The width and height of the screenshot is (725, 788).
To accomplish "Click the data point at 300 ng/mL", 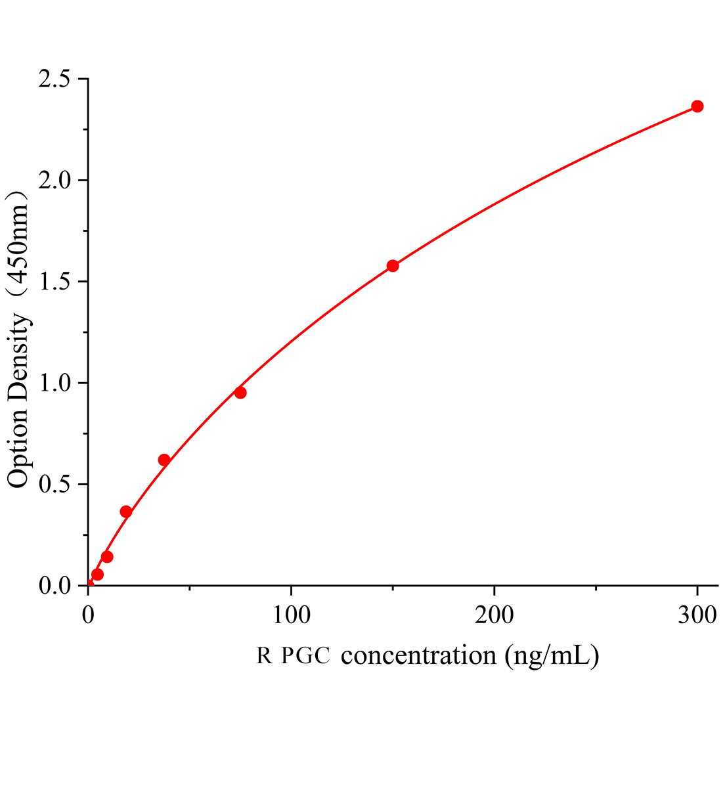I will [x=697, y=106].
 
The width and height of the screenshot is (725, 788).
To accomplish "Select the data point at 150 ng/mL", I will [x=393, y=266].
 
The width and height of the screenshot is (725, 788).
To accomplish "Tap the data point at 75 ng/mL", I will [x=240, y=393].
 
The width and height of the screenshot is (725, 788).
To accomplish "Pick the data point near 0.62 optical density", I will [x=164, y=460].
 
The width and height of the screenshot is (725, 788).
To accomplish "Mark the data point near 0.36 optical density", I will [x=126, y=512].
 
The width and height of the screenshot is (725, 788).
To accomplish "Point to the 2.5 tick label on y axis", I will [x=55, y=79].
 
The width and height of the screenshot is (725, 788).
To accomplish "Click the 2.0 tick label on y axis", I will [x=55, y=181].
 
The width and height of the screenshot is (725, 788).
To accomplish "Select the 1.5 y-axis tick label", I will [x=55, y=282].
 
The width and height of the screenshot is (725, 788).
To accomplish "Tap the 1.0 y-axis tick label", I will [x=55, y=383].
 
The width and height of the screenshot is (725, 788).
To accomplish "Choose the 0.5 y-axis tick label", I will [x=55, y=485].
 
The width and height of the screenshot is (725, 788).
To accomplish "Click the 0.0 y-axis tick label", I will [x=55, y=585].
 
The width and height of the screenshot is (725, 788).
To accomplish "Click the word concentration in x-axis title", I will [x=418, y=655].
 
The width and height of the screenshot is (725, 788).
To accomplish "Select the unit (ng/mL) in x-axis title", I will [x=552, y=656].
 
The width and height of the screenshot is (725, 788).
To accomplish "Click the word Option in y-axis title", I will [x=18, y=448].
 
